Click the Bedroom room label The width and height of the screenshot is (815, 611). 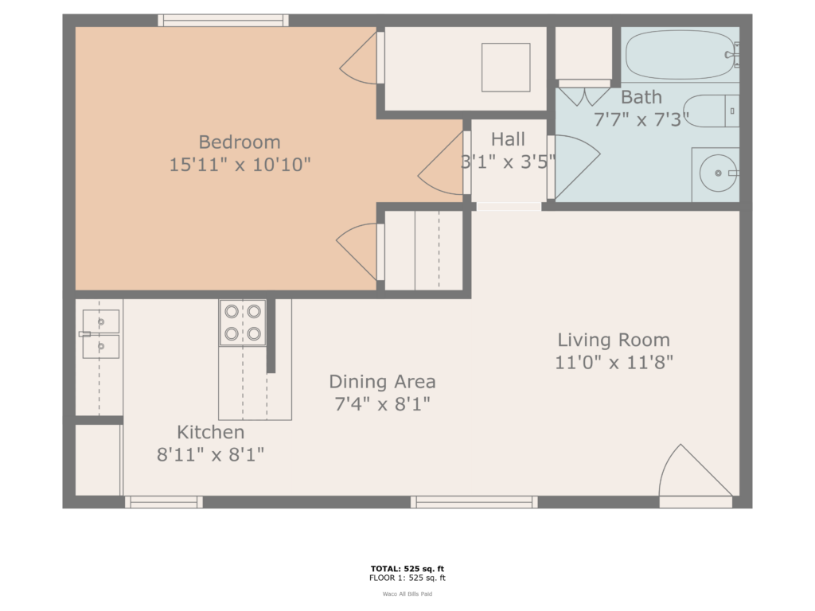[x=240, y=142]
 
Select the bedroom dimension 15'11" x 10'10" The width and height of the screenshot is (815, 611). [x=240, y=165]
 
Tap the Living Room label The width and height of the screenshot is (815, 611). [x=614, y=341]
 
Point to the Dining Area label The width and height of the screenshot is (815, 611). [x=382, y=382]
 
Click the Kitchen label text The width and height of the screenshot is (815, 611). [x=210, y=433]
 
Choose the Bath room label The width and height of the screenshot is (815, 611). [x=641, y=97]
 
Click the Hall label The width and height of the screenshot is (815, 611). [x=508, y=140]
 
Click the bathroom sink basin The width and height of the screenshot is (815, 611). [x=718, y=173]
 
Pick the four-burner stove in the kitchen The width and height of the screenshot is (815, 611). [x=243, y=322]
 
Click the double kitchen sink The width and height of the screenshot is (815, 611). [x=100, y=333]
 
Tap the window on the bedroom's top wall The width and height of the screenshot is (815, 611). [x=222, y=20]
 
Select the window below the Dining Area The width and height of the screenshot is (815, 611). [x=474, y=502]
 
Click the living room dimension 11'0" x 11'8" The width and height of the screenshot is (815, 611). [x=614, y=363]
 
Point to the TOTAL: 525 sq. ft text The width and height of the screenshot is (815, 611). [x=407, y=568]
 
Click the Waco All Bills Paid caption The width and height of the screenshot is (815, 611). [x=407, y=593]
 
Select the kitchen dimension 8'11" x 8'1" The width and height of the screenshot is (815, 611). [x=210, y=455]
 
